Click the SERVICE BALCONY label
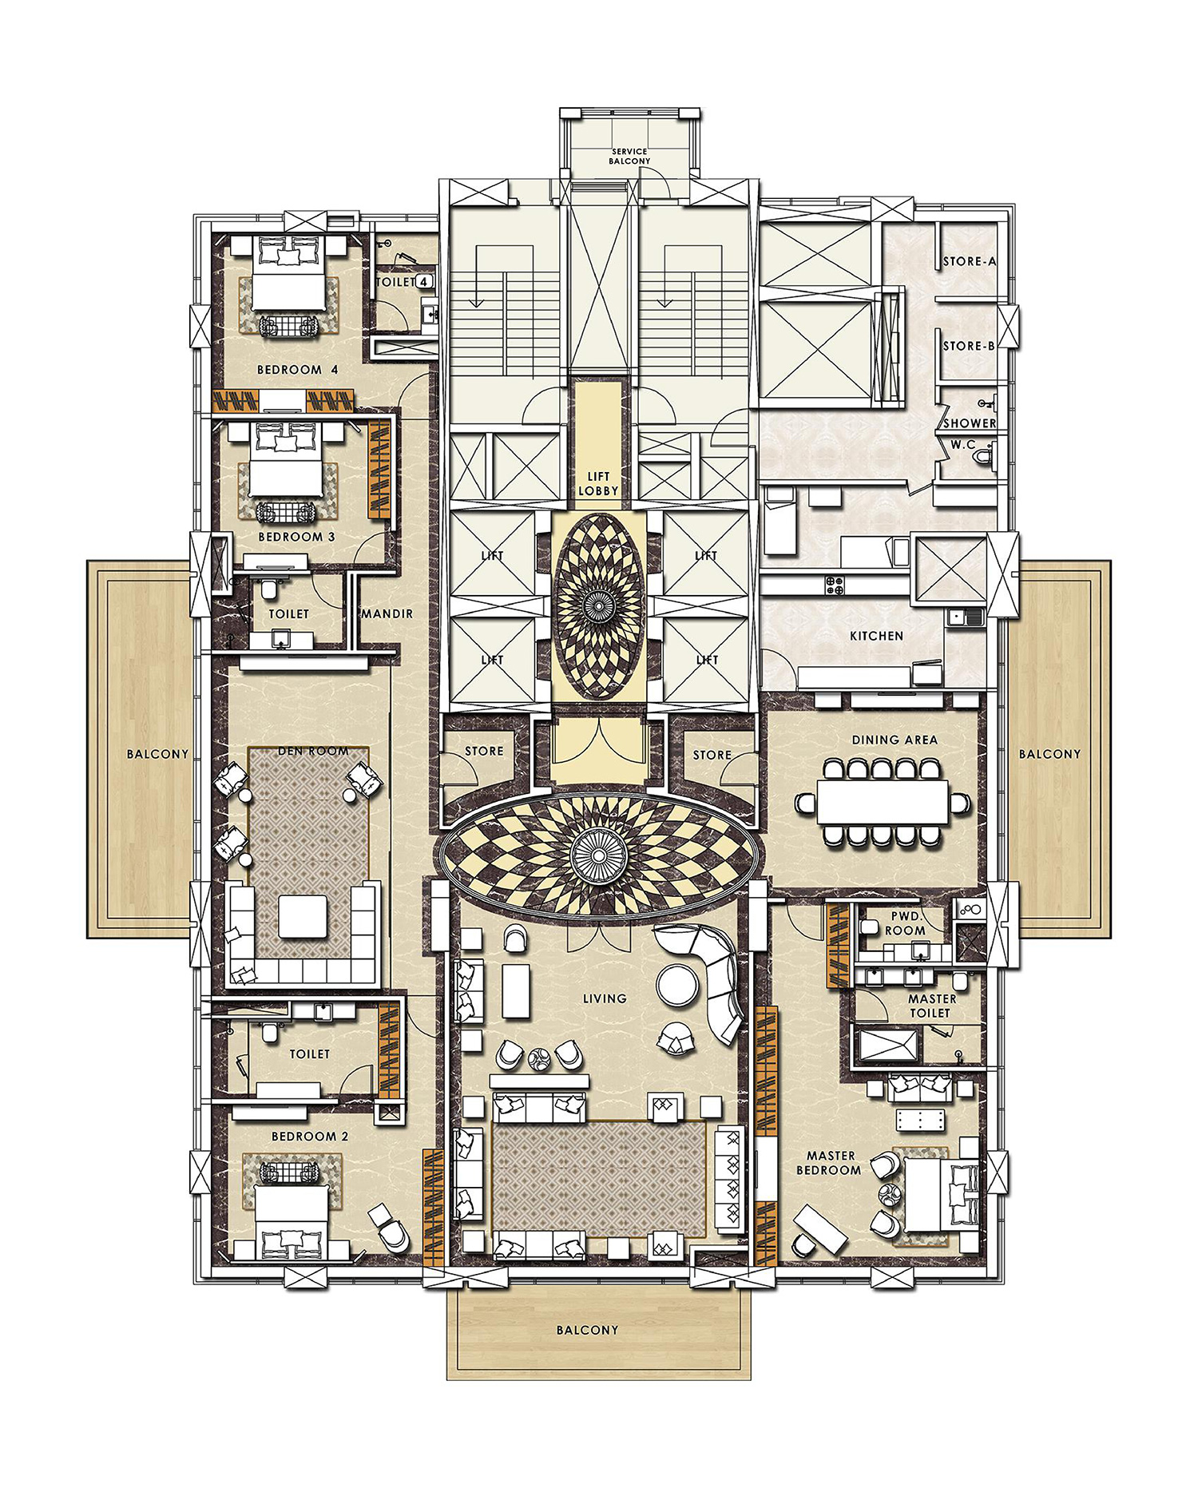click(x=630, y=157)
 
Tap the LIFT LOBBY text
click(x=598, y=484)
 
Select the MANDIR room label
click(x=387, y=614)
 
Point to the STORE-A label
click(x=969, y=262)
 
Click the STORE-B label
click(x=968, y=347)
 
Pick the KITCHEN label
click(x=876, y=637)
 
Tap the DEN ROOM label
click(x=313, y=752)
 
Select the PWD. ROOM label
click(x=905, y=924)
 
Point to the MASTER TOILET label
click(x=930, y=1006)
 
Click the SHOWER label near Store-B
click(x=970, y=423)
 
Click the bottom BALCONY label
click(x=587, y=1330)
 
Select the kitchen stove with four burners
click(x=835, y=585)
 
